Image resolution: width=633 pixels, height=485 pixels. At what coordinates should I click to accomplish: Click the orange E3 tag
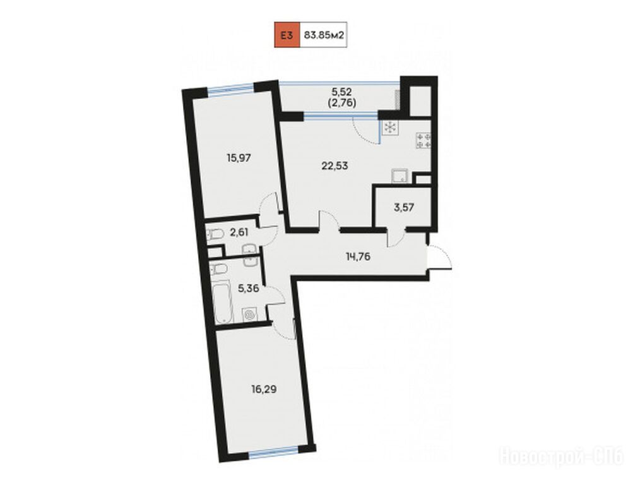(x=287, y=35)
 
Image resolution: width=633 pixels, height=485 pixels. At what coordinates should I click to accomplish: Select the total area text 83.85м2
(x=324, y=35)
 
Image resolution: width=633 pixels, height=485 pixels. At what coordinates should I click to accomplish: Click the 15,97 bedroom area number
(x=239, y=158)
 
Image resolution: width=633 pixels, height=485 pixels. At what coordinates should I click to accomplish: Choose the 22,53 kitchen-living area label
(x=334, y=165)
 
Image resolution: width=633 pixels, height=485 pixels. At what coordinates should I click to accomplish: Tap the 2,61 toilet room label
(x=239, y=232)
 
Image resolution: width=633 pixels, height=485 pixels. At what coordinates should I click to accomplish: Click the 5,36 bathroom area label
(x=248, y=289)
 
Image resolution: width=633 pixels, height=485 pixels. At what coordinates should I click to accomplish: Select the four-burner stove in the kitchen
(x=423, y=141)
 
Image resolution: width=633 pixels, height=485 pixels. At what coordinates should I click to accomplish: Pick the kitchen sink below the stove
(x=400, y=177)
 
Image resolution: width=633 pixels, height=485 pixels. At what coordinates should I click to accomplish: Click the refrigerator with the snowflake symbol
(x=390, y=128)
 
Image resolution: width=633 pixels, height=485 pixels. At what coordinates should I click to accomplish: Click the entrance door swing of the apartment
(x=440, y=257)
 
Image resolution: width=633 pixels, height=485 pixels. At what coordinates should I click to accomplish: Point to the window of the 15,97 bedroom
(x=231, y=89)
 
